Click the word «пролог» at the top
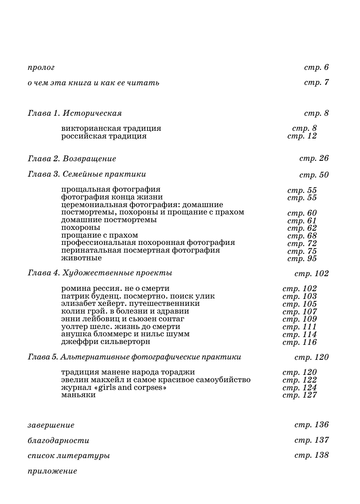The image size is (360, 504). (41, 68)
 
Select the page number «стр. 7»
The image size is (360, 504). (316, 82)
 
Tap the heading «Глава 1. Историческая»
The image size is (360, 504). (75, 113)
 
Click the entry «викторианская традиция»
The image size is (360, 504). (111, 128)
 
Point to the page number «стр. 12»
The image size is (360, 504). (301, 136)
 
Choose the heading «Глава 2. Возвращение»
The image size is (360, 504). (72, 159)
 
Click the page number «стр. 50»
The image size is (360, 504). (314, 175)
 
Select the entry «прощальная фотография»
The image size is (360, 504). (111, 190)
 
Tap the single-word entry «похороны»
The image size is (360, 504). (80, 228)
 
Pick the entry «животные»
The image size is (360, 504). (81, 258)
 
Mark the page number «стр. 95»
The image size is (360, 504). (301, 259)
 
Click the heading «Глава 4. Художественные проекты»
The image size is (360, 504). (100, 273)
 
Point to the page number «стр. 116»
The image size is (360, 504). (299, 342)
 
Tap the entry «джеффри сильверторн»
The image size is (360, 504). (106, 342)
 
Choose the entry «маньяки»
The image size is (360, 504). (78, 395)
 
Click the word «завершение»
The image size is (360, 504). (51, 425)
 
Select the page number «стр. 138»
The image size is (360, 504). (311, 455)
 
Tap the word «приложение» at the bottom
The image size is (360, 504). (52, 471)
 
